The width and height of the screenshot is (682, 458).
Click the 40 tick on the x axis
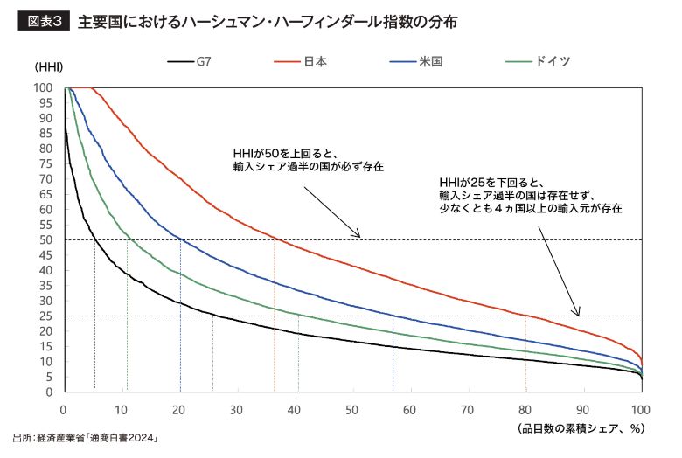point(294,409)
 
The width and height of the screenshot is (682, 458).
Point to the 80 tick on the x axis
point(525,409)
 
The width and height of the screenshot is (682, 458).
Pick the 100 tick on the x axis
point(639,409)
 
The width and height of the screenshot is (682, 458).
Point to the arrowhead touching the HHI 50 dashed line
point(358,236)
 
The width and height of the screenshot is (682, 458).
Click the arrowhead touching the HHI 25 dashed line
point(576,312)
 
